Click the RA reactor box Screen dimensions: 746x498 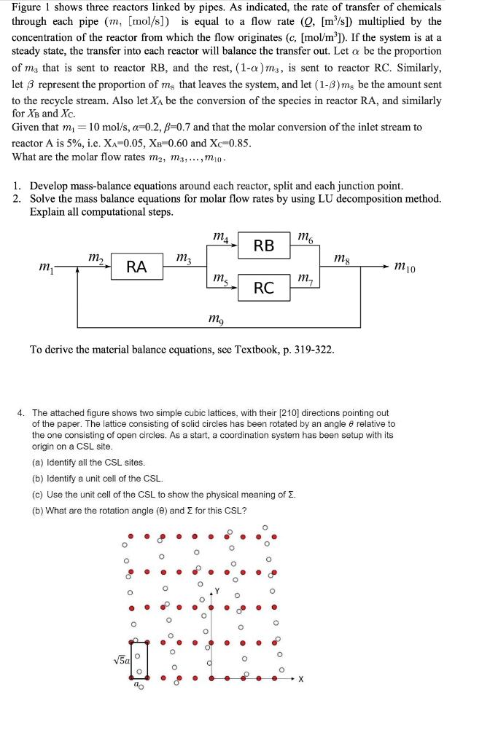(136, 267)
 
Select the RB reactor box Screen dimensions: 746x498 (264, 246)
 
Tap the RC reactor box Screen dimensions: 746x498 (264, 288)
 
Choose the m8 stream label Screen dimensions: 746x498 (341, 258)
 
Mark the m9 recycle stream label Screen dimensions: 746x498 (217, 318)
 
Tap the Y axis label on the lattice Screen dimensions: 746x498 (217, 592)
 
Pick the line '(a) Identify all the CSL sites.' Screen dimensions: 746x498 (88, 463)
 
